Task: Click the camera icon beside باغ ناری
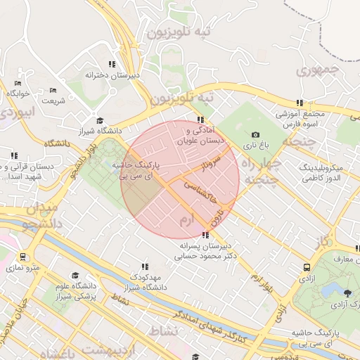point(255,134)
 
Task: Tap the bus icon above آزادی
point(307,267)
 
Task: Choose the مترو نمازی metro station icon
point(24,257)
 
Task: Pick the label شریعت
point(53,101)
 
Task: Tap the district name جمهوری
point(318,70)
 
